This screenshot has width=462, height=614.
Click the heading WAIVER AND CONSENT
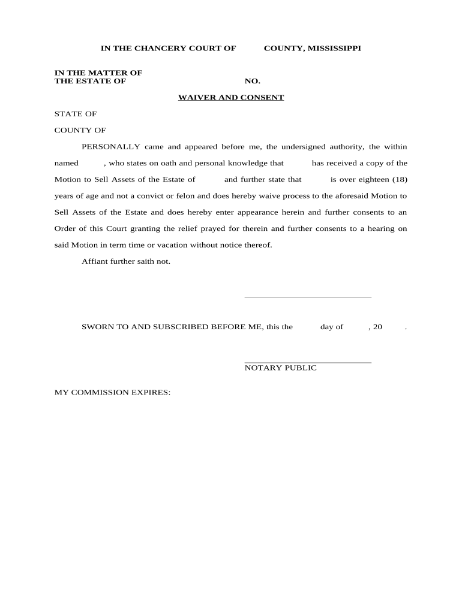(x=231, y=97)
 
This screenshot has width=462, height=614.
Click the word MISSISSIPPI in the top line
(x=333, y=48)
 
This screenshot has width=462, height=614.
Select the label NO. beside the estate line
(x=252, y=81)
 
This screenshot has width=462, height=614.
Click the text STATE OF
(x=76, y=113)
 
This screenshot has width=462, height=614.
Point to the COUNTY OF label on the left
(x=80, y=130)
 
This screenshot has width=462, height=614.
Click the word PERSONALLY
(x=111, y=146)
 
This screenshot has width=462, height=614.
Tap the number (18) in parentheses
(x=397, y=179)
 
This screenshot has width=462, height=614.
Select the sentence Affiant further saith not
(x=126, y=261)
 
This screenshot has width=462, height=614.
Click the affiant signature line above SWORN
(x=308, y=296)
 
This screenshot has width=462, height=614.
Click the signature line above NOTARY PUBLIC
(x=308, y=362)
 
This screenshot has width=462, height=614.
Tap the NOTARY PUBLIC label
(x=280, y=368)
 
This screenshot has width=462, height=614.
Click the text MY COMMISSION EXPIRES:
(x=113, y=392)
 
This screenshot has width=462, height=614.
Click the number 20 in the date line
(x=377, y=327)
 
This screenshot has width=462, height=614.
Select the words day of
(x=332, y=327)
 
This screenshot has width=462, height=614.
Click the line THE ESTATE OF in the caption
(x=90, y=81)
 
